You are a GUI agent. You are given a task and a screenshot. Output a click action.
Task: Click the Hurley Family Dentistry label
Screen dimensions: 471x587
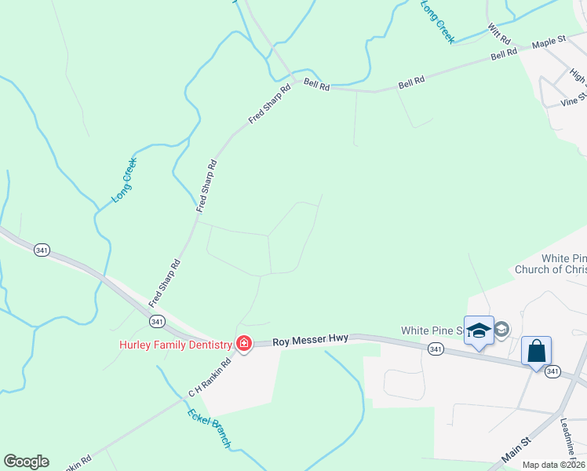(175, 345)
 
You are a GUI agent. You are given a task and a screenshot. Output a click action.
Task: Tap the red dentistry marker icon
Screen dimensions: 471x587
(243, 344)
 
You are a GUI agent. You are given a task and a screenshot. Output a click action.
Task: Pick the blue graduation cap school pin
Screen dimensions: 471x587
(479, 330)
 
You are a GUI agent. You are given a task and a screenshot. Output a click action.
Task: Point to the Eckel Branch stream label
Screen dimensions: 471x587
(209, 429)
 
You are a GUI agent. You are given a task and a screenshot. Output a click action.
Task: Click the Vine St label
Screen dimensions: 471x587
(574, 99)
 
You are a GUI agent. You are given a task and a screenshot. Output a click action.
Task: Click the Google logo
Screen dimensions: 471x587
(26, 462)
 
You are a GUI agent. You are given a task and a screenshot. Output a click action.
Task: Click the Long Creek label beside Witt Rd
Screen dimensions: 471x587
(437, 20)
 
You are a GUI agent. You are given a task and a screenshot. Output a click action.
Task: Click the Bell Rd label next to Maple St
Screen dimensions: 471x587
(504, 54)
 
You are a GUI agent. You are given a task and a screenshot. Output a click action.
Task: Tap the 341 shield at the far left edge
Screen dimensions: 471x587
(42, 250)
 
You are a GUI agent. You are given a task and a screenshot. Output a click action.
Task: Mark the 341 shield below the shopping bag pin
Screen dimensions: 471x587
(553, 371)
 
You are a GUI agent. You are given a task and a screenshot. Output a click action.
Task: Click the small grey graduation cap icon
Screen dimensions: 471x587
(502, 330)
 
